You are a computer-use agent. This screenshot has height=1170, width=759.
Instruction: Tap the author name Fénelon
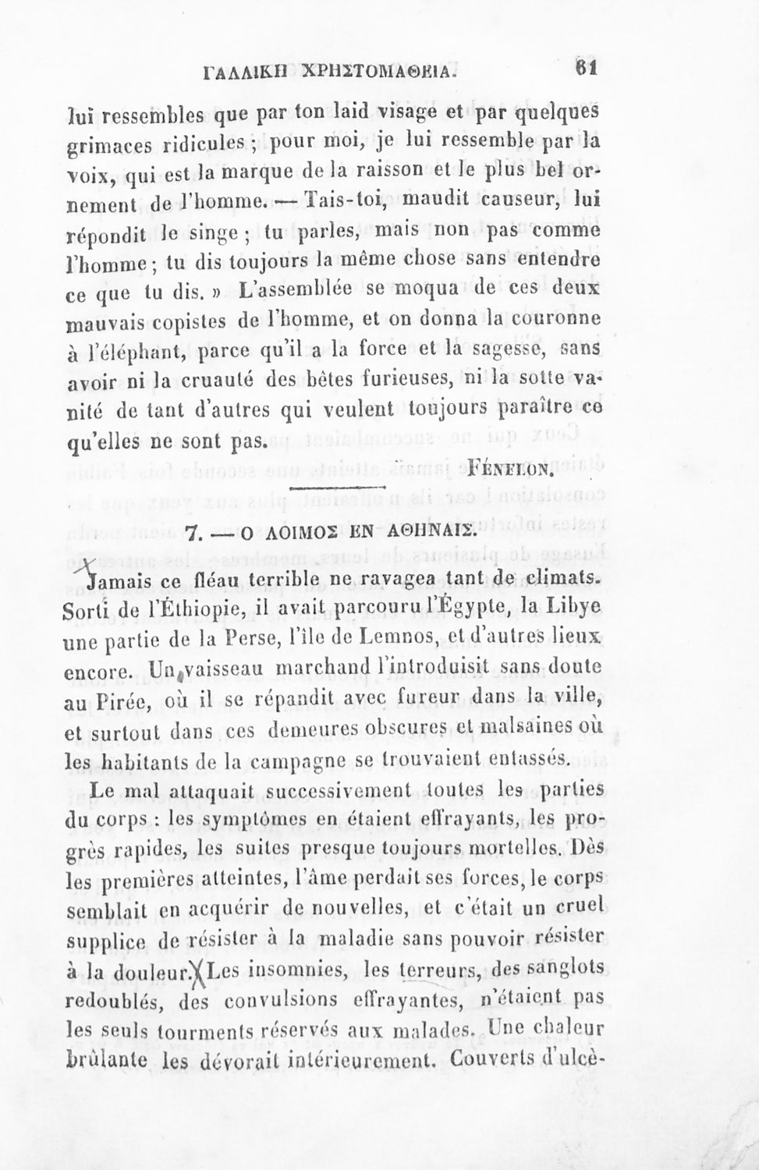(509, 470)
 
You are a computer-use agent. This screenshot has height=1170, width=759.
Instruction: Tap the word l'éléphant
(129, 351)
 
